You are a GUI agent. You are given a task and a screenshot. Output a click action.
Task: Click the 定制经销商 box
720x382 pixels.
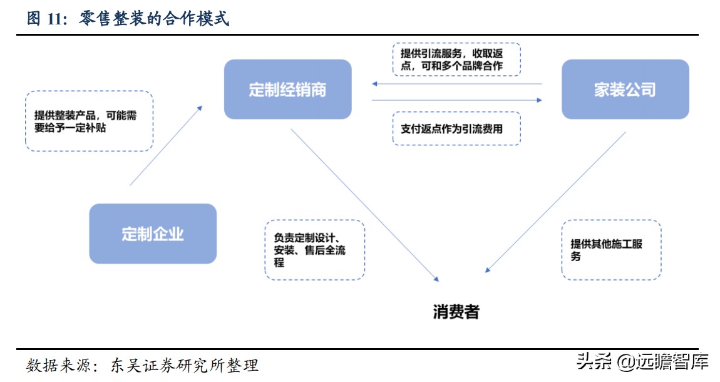tap(287, 90)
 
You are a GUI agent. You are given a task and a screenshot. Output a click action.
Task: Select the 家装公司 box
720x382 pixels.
tap(624, 90)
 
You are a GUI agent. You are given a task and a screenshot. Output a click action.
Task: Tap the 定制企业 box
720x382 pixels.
tap(153, 234)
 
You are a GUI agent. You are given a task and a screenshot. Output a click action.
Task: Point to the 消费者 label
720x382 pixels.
tap(456, 311)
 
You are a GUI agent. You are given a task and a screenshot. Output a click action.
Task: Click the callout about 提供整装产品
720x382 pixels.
tap(89, 121)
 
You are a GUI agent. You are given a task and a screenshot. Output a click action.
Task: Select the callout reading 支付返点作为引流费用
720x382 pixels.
tap(456, 129)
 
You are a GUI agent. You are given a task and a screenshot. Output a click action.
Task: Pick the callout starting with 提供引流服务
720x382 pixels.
tap(456, 59)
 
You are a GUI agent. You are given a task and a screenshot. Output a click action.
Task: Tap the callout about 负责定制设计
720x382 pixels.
tap(314, 250)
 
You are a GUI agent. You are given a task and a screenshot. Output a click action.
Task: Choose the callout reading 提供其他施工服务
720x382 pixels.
tap(610, 250)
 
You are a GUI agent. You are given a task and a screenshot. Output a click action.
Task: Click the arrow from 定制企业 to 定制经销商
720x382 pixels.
tap(166, 145)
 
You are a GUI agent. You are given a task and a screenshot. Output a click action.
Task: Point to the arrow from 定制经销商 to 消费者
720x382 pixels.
tap(364, 202)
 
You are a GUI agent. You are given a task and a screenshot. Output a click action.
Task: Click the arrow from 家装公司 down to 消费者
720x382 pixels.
tap(556, 202)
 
